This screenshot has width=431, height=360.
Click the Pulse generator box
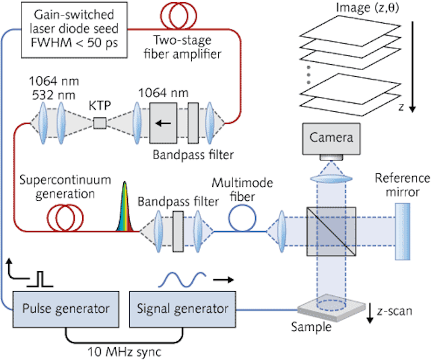[65, 309]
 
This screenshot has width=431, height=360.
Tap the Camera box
[331, 138]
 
